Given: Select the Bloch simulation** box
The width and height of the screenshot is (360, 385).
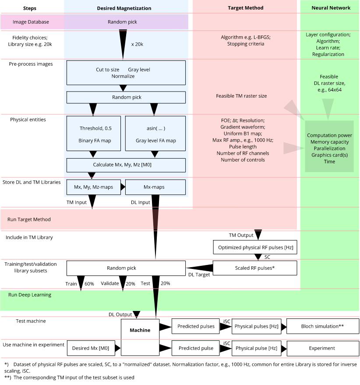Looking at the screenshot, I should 322,326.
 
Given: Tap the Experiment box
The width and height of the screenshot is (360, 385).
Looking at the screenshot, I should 322,348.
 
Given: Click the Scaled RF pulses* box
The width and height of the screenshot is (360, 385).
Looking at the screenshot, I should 255,268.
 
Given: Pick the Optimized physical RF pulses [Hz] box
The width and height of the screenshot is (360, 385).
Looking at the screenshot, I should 255,247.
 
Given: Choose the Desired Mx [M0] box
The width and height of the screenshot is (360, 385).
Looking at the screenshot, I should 93,348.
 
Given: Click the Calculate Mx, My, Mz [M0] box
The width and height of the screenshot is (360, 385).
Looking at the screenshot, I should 126,165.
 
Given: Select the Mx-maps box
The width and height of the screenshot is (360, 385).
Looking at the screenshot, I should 155,187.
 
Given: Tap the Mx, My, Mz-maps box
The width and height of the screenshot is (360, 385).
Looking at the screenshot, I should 93,187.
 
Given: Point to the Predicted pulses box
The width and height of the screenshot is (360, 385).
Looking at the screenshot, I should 196,326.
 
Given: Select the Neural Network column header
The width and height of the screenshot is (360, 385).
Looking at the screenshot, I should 331,8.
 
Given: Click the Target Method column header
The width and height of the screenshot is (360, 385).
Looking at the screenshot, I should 245,8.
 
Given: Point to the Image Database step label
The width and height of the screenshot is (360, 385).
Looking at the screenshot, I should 31,22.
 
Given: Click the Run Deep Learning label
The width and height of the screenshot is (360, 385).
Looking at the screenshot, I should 30,295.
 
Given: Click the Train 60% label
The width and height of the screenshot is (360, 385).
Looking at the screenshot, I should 80,284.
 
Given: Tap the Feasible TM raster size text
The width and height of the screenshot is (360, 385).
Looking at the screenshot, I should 241,95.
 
